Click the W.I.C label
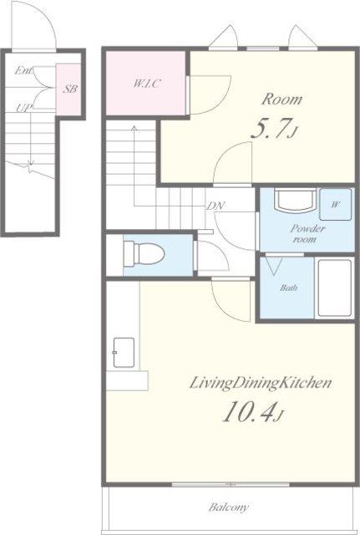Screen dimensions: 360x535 tap(147, 84)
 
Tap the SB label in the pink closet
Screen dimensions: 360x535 tap(70, 89)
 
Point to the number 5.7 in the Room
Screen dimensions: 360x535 tap(271, 129)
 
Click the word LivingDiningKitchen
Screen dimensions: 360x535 tap(260, 383)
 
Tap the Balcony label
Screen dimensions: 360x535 tap(229, 507)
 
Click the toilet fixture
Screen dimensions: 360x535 tap(144, 254)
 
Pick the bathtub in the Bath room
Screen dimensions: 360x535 tap(334, 288)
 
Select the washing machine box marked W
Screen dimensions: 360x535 tap(335, 204)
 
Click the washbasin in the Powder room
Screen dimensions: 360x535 tap(296, 201)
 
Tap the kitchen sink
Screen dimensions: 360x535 tap(124, 352)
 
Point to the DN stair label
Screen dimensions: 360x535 tap(215, 206)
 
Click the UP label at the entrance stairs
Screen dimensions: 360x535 tap(23, 108)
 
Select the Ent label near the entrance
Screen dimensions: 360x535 tap(23, 71)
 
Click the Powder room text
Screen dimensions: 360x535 tap(307, 233)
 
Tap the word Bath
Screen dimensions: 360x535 tap(288, 288)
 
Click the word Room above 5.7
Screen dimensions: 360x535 tap(281, 99)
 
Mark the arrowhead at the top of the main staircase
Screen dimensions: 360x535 tap(134, 128)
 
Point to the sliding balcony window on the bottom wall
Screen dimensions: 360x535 tap(231, 484)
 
